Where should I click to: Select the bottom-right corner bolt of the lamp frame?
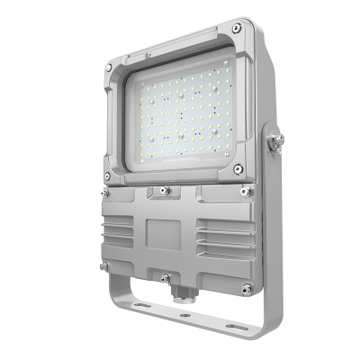238,168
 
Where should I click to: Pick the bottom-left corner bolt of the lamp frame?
108,175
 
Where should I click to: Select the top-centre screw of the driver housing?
164,191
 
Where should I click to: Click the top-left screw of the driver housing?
105,192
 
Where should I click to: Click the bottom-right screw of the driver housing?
245,289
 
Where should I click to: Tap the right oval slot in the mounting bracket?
235,326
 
